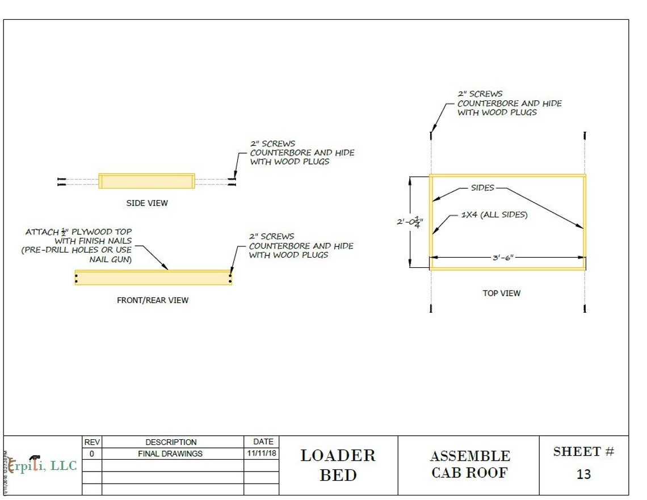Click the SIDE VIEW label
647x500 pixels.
tap(147, 203)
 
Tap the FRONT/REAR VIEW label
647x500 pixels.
tap(153, 300)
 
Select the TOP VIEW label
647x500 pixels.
tap(502, 293)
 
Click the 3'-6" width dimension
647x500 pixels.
tap(503, 257)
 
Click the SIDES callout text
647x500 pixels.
tap(482, 187)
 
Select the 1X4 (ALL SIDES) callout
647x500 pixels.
tap(494, 215)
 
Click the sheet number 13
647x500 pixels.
tap(583, 474)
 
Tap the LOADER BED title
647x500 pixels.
tap(338, 465)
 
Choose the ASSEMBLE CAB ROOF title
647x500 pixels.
tap(469, 464)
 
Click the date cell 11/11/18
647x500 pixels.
tap(262, 453)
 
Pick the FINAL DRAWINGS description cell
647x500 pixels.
tap(170, 453)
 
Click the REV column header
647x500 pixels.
tap(92, 442)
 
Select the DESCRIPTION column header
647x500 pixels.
tap(171, 442)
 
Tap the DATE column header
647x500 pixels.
tap(263, 441)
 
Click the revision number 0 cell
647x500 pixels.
tap(92, 453)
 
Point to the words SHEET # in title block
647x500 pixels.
tap(583, 452)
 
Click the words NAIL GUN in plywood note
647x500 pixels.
tap(111, 259)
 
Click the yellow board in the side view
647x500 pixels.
tap(146, 181)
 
